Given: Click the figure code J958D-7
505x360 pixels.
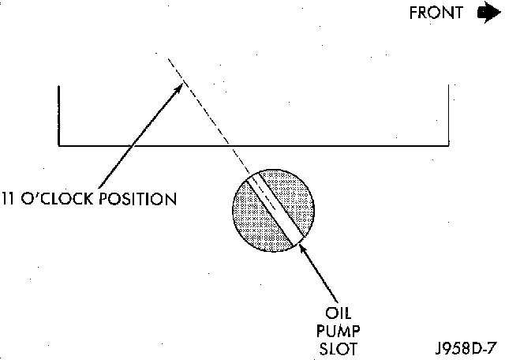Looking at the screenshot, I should [x=465, y=347].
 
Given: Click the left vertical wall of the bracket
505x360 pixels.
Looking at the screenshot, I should [x=59, y=114].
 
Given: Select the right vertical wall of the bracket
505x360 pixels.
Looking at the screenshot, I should [x=449, y=114].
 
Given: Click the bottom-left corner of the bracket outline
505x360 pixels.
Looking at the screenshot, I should [x=59, y=145].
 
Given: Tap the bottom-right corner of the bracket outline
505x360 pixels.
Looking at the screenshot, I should [x=449, y=145].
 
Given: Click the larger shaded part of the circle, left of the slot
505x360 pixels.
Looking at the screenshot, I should [x=252, y=217].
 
